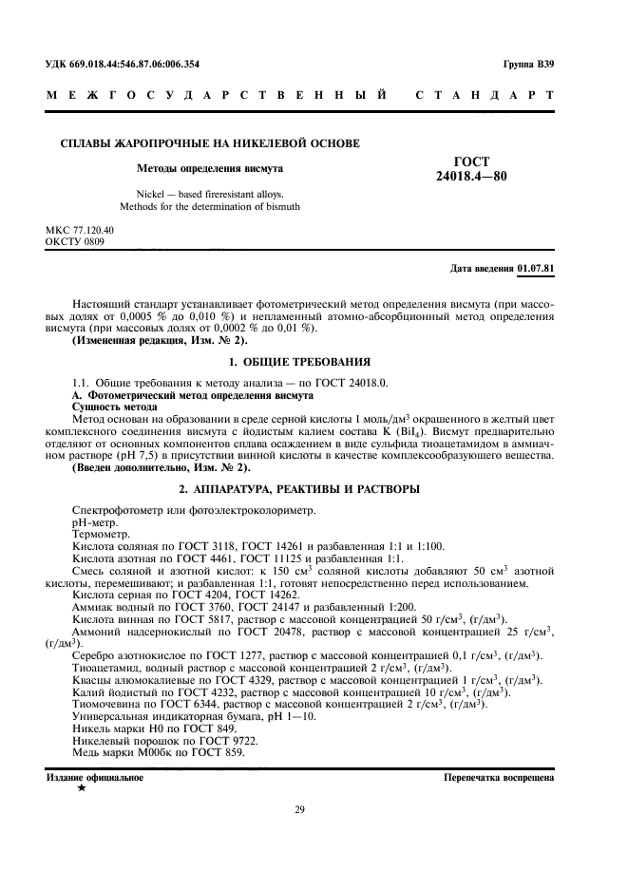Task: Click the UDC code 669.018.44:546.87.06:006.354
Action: (148, 64)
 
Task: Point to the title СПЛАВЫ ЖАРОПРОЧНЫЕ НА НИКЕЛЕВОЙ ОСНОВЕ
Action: (210, 143)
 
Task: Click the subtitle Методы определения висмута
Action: (209, 169)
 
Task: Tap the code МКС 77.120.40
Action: (80, 231)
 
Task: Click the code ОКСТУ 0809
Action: (75, 242)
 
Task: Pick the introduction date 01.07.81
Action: (537, 269)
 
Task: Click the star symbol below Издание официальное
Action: (81, 788)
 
